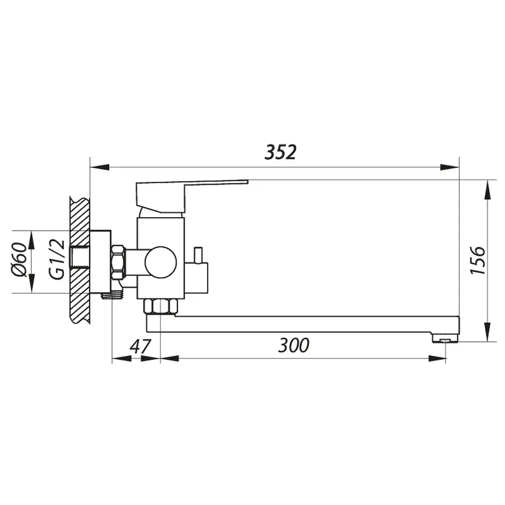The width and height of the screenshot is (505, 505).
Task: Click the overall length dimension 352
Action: [280, 152]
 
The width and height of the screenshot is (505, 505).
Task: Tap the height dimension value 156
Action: [476, 260]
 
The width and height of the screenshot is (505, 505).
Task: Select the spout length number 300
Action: [293, 345]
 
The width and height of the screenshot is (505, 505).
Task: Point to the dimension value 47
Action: [140, 346]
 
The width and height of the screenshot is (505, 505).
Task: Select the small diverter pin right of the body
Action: [199, 255]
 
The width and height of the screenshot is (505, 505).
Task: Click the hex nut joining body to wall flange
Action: [118, 262]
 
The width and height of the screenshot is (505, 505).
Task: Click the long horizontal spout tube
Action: [303, 324]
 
